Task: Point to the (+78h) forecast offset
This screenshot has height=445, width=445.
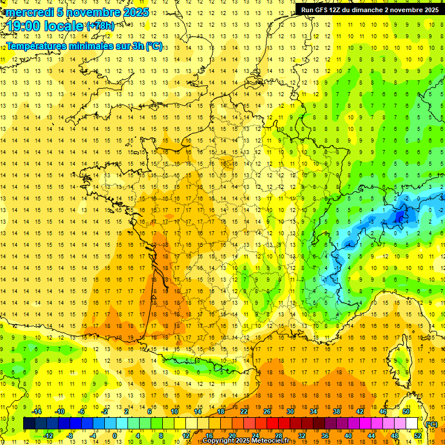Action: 100,26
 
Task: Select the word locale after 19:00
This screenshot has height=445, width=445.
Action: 65,25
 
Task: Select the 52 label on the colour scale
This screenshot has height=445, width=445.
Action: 418,436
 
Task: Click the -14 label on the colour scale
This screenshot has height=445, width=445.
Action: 37,411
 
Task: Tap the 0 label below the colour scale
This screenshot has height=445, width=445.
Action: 114,436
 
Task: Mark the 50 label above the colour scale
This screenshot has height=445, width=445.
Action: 406,411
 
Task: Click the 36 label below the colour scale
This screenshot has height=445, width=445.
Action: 325,436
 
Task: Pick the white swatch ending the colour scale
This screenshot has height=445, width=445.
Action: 412,424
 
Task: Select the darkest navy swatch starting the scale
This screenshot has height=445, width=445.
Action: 29,424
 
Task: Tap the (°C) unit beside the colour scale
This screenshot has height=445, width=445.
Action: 432,424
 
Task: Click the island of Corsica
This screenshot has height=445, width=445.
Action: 398,359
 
